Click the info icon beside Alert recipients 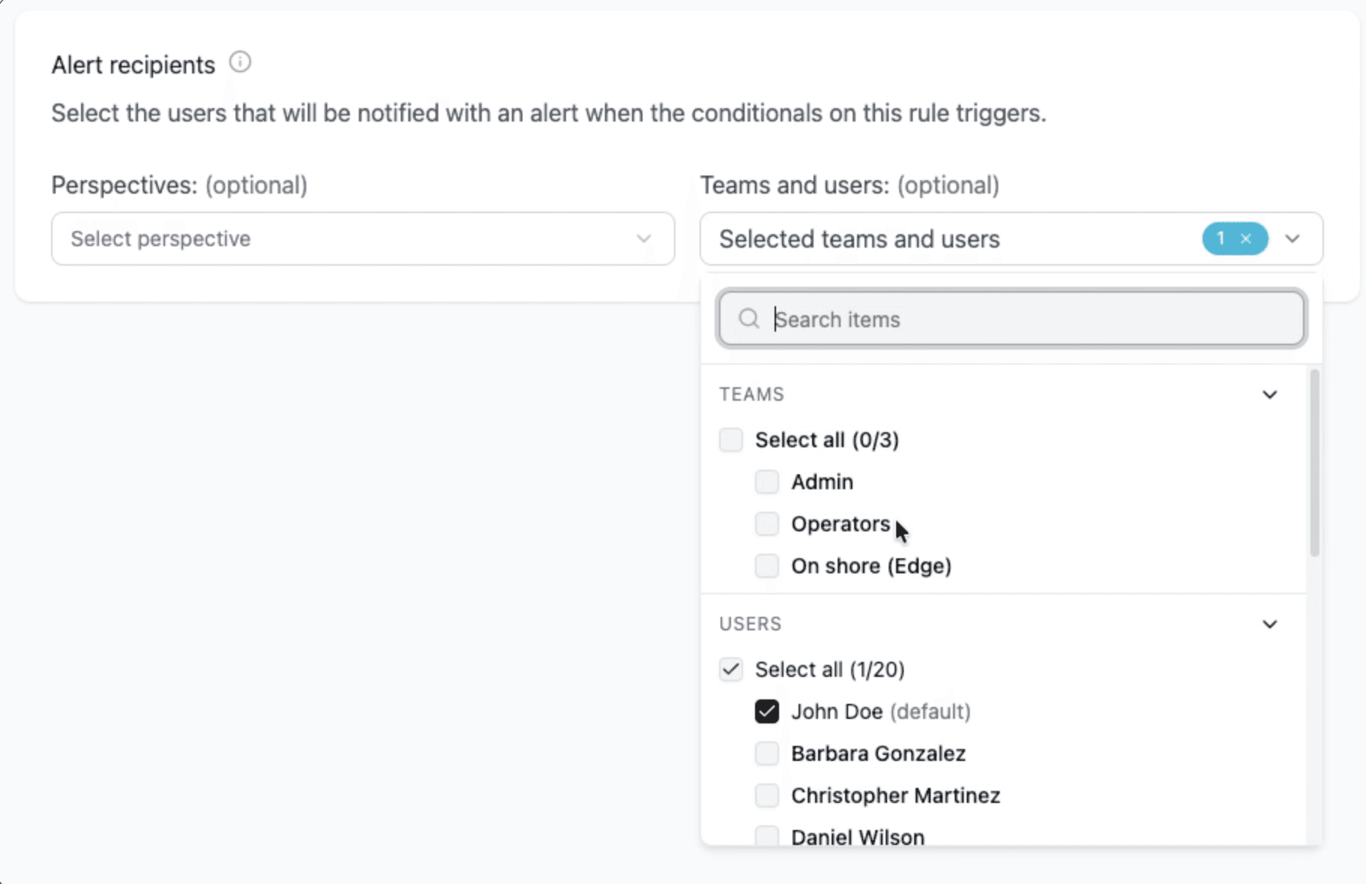coord(240,62)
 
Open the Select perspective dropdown coord(363,239)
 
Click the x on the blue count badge coord(1246,239)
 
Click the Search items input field coord(1036,319)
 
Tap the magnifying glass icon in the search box coord(748,319)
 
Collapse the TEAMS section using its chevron coord(1269,395)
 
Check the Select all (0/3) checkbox coord(731,440)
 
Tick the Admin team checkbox coord(767,482)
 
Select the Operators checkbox coord(767,524)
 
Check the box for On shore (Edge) coord(767,566)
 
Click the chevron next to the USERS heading coord(1269,624)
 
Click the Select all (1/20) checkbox coord(731,669)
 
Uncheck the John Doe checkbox coord(767,711)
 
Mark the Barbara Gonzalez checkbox coord(767,753)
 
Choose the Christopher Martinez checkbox coord(767,795)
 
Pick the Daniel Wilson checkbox coord(767,836)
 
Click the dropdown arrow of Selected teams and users coord(1292,239)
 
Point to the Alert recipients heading coord(133,65)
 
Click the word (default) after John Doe coord(931,711)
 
